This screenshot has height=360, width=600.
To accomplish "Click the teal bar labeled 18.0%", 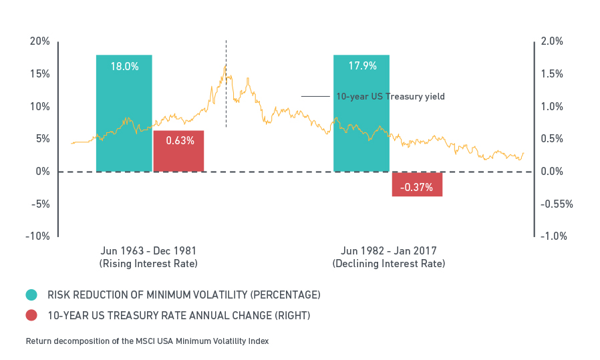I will tap(124, 114).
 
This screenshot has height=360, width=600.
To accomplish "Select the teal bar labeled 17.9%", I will tap(361, 114).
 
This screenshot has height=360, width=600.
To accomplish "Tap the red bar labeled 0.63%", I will tap(178, 151).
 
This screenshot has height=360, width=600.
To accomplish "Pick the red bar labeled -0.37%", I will tap(417, 184).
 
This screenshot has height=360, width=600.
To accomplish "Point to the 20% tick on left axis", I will tap(40, 41).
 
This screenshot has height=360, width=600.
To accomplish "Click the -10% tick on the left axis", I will tap(38, 236).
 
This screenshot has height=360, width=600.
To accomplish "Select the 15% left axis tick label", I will tap(40, 74).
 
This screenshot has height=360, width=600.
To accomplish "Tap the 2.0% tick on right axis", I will tap(552, 41).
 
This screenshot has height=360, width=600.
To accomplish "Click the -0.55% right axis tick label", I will tap(557, 204).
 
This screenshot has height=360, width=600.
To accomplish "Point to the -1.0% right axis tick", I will tap(554, 236).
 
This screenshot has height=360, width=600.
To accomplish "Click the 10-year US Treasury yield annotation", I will tap(390, 97).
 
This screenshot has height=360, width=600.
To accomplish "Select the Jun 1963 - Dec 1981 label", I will tap(148, 251).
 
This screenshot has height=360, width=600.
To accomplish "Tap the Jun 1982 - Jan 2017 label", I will tap(388, 251).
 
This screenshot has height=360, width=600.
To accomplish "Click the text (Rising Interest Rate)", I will tap(148, 264).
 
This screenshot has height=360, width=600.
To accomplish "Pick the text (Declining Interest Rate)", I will tap(388, 264).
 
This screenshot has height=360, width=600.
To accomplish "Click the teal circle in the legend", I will tap(31, 295).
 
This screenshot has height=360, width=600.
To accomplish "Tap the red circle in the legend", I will tap(31, 315).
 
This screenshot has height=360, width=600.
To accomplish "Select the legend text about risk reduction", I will tap(184, 295).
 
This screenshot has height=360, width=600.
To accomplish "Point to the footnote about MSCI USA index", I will tap(147, 341).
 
